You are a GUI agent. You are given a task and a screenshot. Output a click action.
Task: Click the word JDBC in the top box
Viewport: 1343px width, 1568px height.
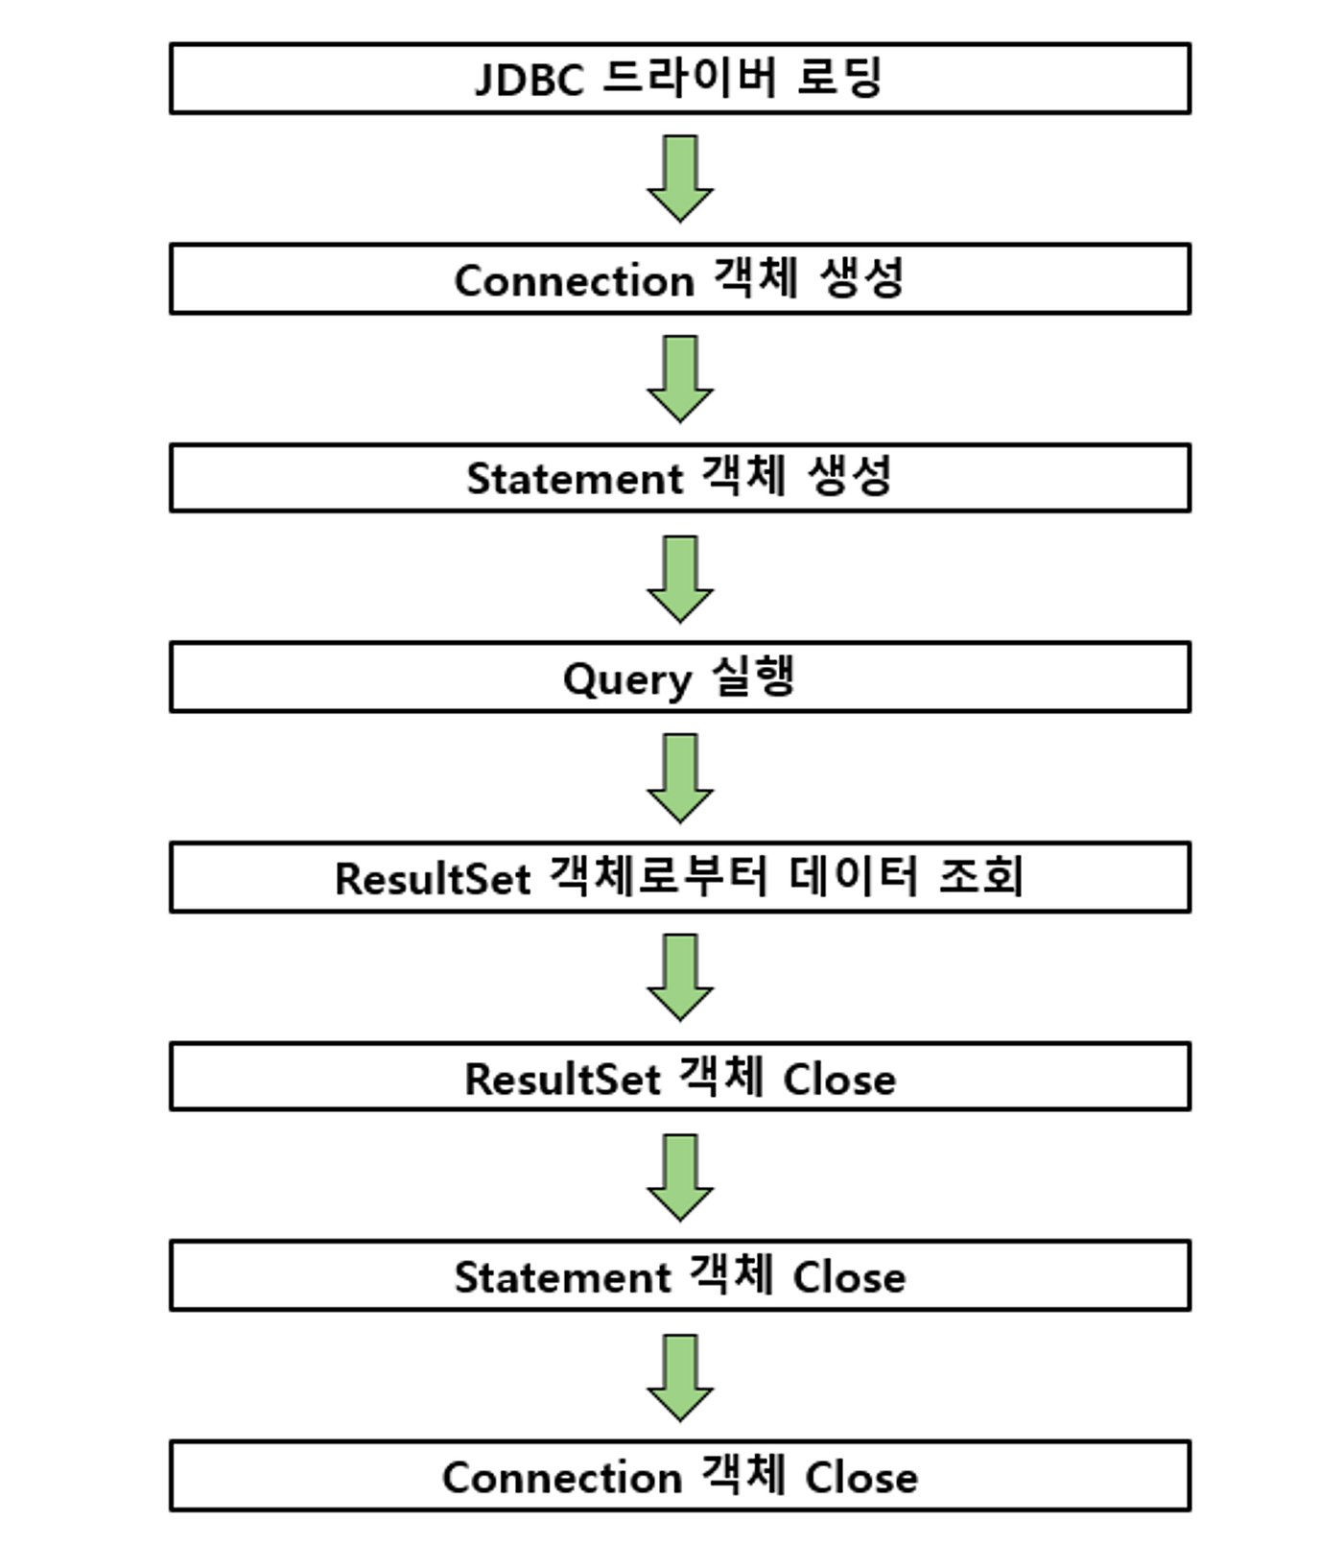tap(529, 79)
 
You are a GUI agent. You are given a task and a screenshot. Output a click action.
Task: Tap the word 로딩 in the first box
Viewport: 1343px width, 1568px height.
tap(839, 78)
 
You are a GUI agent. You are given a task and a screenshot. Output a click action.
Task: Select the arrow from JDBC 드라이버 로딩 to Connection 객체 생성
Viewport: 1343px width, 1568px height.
tap(679, 178)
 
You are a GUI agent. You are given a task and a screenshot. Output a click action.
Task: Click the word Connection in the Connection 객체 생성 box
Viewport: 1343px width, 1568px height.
tap(574, 281)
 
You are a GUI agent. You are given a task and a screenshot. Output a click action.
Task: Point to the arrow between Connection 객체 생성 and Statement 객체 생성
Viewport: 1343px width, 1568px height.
tap(679, 379)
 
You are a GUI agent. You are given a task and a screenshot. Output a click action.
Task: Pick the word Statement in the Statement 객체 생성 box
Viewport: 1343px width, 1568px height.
tap(574, 479)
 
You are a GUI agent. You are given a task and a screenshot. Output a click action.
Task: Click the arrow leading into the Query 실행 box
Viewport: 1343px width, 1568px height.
tap(679, 579)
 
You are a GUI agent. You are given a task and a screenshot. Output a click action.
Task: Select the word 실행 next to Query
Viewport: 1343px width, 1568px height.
tap(754, 677)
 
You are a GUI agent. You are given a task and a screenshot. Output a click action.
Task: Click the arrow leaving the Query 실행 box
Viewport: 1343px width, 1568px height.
tap(679, 778)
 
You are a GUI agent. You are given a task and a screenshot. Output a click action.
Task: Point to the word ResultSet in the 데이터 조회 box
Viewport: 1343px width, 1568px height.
tap(433, 879)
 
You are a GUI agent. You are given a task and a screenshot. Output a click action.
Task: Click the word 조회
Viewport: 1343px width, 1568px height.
tap(981, 876)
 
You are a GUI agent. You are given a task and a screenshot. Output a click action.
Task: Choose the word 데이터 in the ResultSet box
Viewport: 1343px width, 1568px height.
tap(854, 876)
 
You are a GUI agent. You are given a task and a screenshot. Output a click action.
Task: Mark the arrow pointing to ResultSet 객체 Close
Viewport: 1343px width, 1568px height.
tap(679, 977)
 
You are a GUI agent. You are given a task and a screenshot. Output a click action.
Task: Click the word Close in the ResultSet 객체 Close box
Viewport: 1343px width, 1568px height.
tap(839, 1080)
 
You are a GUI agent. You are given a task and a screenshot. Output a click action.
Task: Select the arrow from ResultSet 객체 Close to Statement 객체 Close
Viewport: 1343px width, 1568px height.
tap(679, 1177)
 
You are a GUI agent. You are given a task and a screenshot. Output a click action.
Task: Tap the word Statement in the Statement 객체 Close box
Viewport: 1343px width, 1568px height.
tap(562, 1278)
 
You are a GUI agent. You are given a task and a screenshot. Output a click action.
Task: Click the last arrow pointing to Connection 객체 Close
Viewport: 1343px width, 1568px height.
tap(679, 1377)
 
